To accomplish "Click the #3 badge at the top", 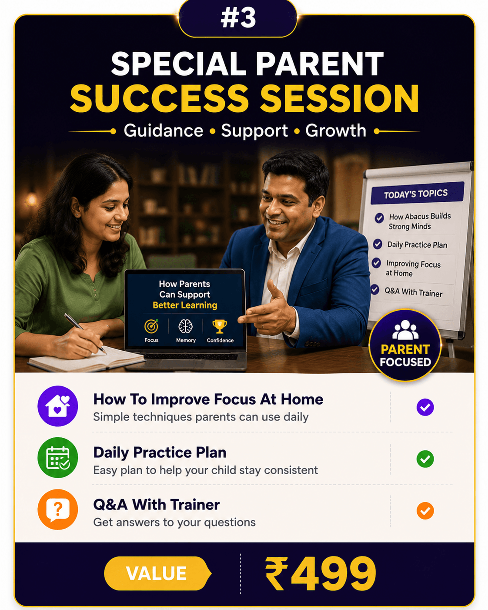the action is click(x=238, y=18).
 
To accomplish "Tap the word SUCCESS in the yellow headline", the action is click(x=159, y=99).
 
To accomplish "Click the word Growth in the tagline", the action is click(x=335, y=131).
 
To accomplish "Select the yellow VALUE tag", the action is click(x=157, y=573).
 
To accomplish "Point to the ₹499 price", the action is click(x=321, y=573).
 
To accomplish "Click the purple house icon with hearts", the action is click(x=58, y=406).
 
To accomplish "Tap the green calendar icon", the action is click(x=58, y=458).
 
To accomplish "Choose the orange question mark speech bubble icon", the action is click(x=58, y=509).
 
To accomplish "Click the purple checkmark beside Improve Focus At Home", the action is click(x=425, y=407).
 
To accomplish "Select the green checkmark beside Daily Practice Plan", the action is click(x=425, y=459).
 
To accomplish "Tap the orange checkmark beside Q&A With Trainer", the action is click(x=425, y=510).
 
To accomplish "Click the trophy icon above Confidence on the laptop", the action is click(x=220, y=326).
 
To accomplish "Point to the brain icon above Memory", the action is click(x=185, y=326).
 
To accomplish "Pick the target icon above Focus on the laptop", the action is click(x=151, y=326).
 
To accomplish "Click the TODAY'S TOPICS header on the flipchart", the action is click(x=416, y=194).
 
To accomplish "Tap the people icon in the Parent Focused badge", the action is click(x=405, y=330).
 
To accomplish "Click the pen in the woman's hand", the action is click(x=85, y=334).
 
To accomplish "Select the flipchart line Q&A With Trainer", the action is click(x=414, y=292).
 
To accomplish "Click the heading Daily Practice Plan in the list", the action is click(x=160, y=452).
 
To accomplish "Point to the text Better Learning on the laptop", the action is click(x=185, y=305).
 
